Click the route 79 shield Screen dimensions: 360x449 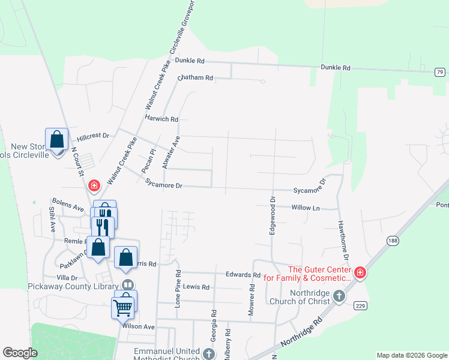tap(441, 72)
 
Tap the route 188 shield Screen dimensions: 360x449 tap(393, 241)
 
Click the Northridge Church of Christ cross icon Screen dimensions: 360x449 tap(339, 296)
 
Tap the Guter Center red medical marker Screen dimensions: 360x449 tap(360, 273)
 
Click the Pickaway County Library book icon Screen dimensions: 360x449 tap(127, 285)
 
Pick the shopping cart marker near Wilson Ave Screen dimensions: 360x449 tap(122, 308)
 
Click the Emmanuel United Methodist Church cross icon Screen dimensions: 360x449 tap(209, 353)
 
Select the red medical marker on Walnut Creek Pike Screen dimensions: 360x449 tap(94, 185)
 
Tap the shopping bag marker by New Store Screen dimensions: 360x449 tap(56, 140)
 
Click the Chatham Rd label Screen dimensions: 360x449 tap(196, 78)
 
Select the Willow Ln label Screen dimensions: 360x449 tap(306, 208)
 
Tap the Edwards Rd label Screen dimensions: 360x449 tap(243, 275)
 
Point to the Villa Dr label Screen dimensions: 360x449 tap(67, 278)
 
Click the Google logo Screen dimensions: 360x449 tap(20, 353)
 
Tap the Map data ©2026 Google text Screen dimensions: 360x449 tap(411, 355)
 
